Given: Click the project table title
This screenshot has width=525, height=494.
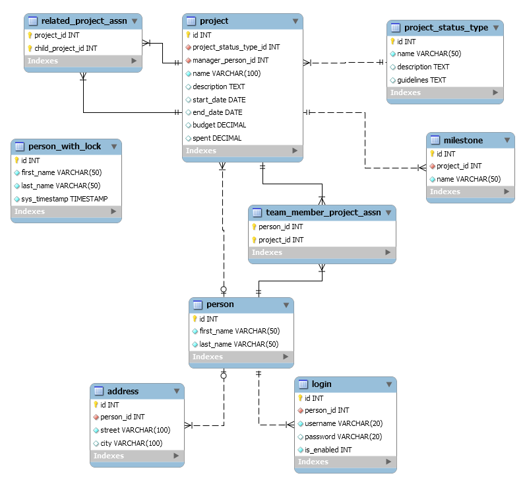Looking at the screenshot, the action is tap(214, 21).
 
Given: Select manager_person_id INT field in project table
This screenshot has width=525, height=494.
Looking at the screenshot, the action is tap(230, 60).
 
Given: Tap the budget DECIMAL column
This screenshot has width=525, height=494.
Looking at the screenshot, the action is tap(220, 125).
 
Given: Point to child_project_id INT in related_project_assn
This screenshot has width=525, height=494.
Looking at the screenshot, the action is tap(66, 48).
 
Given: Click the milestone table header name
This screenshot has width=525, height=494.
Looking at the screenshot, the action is tap(463, 140).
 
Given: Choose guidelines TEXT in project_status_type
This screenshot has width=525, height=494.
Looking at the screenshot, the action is tap(421, 80).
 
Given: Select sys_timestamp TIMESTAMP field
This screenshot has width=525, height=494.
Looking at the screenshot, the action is tap(64, 199).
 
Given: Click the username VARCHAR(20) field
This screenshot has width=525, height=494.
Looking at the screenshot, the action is tap(344, 423).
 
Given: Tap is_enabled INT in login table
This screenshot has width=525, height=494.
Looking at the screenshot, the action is tap(328, 450).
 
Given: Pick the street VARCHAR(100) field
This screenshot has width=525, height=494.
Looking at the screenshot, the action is tap(135, 430).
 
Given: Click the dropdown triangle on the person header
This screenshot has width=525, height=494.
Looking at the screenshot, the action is tap(286, 305).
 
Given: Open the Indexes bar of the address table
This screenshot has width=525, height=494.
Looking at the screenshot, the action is tap(137, 456).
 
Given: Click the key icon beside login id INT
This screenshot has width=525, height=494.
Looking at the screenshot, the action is tap(300, 398).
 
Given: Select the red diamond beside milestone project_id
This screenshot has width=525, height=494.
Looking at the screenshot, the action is tap(432, 166).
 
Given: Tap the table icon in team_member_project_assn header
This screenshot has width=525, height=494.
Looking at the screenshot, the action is tap(257, 213).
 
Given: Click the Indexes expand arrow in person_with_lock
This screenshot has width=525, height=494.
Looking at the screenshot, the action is tap(113, 211).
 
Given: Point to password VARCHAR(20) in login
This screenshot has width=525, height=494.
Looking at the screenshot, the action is tap(343, 437).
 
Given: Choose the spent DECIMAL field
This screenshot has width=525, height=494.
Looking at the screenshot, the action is tap(217, 138).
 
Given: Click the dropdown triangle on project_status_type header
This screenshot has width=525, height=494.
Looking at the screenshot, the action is tap(496, 28).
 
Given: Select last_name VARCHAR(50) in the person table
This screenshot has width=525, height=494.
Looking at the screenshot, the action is tap(239, 345).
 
